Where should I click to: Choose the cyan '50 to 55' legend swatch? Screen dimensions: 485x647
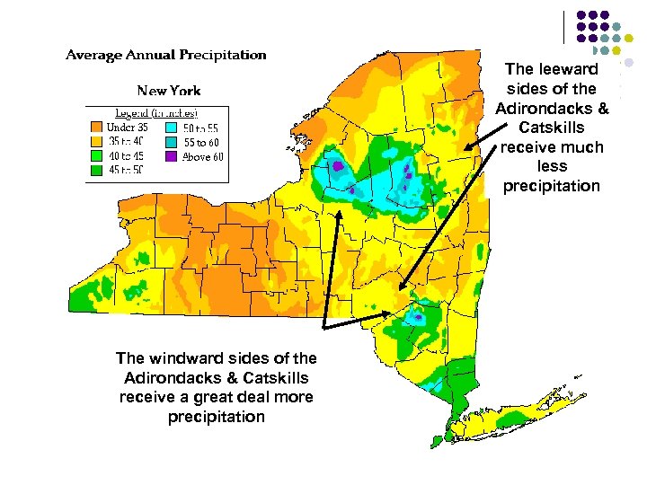tap(171, 127)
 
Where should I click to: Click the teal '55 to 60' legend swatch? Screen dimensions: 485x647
tap(171, 141)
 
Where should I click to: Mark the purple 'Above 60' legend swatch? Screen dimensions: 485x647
tap(171, 155)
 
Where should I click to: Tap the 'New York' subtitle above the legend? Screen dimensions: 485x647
tap(169, 90)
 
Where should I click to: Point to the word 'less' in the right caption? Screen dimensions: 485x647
tap(552, 166)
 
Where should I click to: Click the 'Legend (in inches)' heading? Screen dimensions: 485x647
tap(155, 113)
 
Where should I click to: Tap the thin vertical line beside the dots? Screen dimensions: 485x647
tap(565, 27)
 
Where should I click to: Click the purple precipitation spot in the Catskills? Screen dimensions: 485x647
tap(417, 316)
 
